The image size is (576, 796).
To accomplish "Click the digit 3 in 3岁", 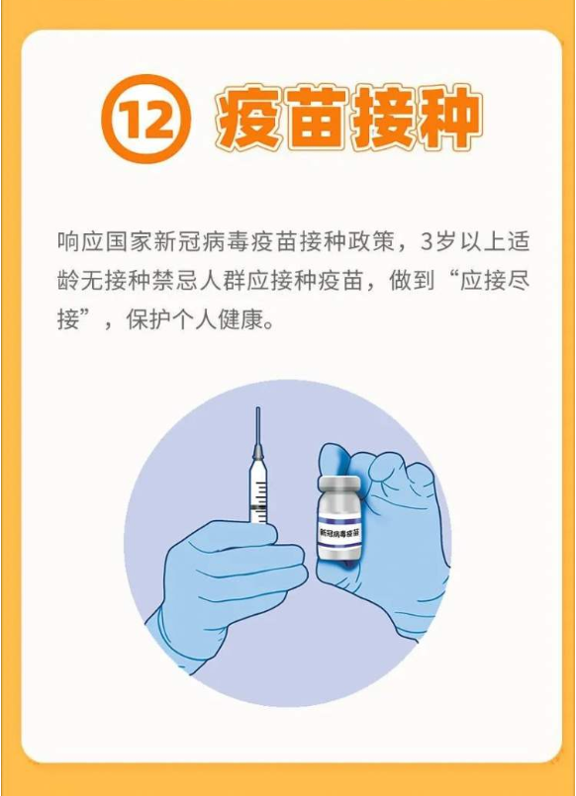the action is tap(426, 242).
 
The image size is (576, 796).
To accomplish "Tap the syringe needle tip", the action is tap(258, 408).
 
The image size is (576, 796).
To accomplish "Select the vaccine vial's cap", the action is tap(338, 484).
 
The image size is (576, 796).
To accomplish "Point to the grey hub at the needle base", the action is tap(258, 450).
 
